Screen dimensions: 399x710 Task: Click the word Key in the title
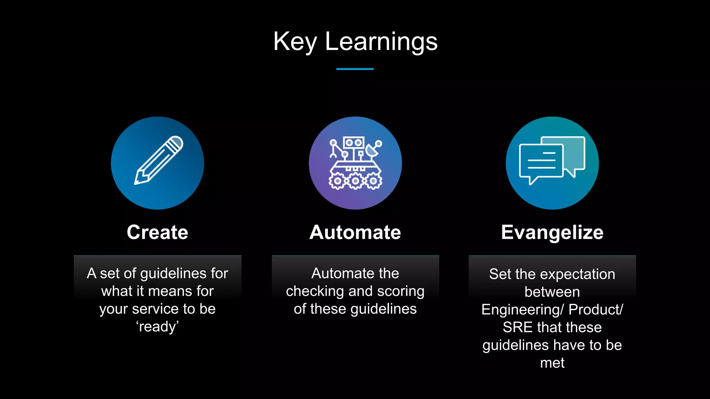point(295,42)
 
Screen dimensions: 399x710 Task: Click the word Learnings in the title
point(381,42)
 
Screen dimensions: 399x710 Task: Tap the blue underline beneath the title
point(355,69)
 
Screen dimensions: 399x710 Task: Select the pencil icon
point(158,160)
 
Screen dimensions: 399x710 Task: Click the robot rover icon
point(355,163)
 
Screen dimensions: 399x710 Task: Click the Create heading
point(157,232)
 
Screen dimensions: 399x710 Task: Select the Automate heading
point(355,232)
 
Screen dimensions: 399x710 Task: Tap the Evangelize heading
point(552,232)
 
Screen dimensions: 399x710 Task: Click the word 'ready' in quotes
point(157,327)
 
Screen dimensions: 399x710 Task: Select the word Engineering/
point(523,310)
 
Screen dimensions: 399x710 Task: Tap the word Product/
point(596,310)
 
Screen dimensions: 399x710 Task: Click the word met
point(552,363)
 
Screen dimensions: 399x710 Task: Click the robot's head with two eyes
point(354,143)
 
